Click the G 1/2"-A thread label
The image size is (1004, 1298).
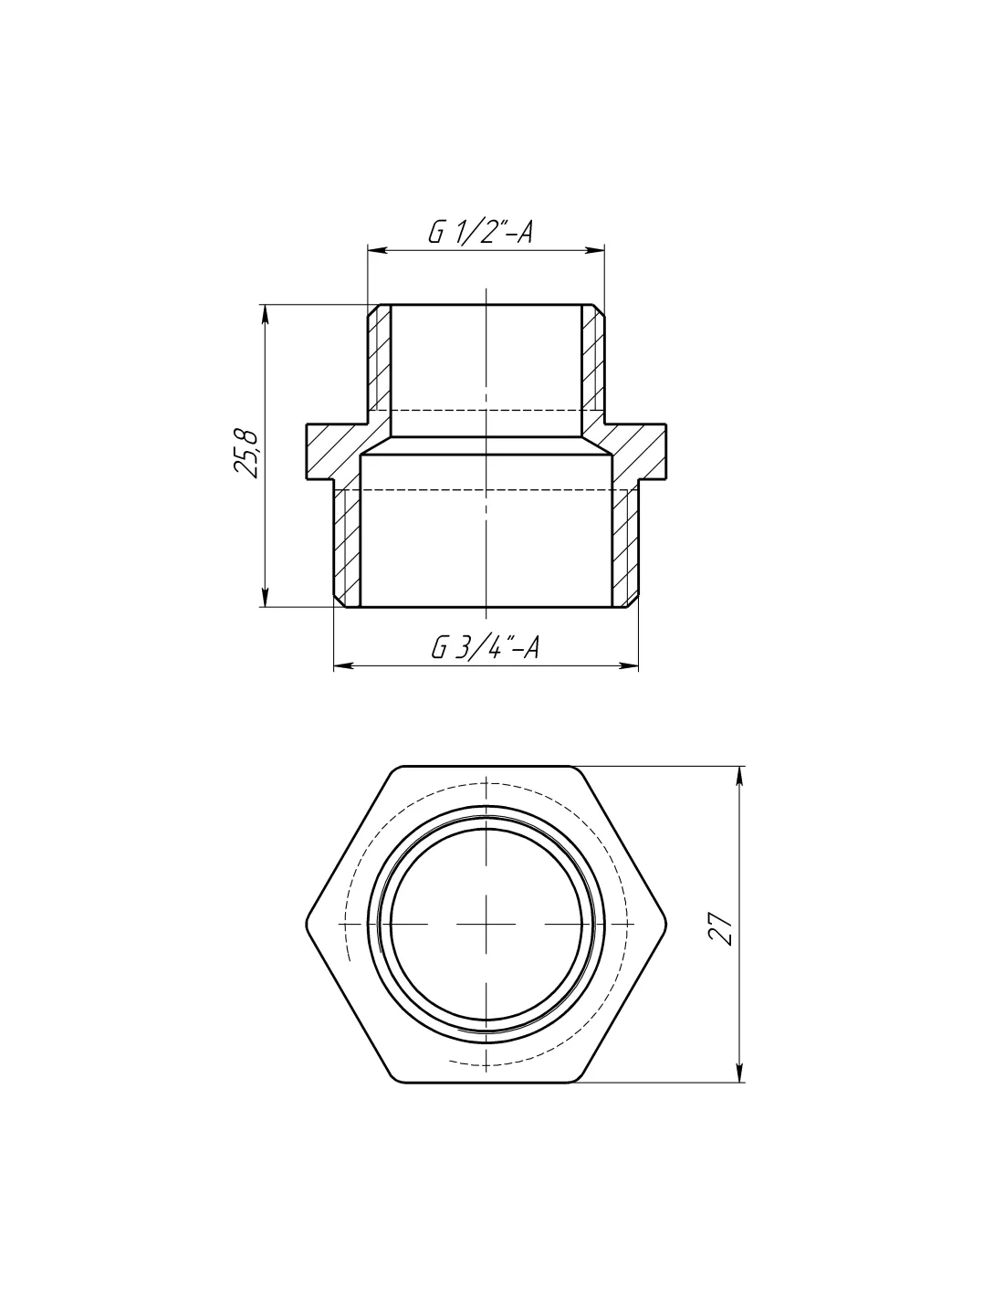pos(479,232)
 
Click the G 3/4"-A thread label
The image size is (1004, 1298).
pos(485,647)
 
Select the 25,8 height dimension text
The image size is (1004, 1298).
pos(246,454)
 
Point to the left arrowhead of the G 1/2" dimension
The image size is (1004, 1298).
pos(376,250)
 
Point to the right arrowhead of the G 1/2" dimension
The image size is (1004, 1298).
pos(595,250)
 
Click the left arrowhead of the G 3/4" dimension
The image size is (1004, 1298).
pos(342,665)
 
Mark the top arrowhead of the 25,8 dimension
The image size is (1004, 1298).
pos(265,314)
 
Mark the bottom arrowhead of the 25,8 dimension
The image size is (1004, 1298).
pos(265,598)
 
